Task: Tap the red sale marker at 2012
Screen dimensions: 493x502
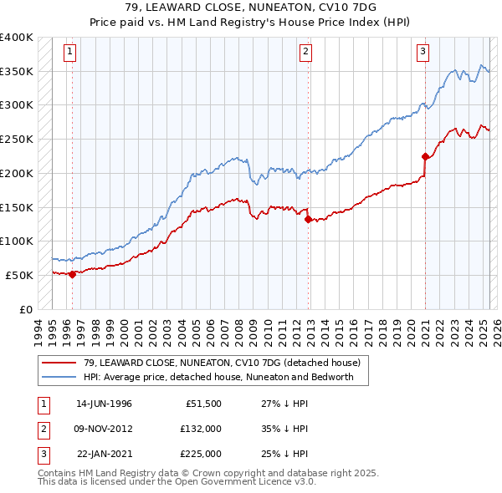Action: [x=309, y=220]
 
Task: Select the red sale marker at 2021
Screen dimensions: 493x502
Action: [x=425, y=156]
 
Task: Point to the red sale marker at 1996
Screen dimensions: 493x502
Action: [x=72, y=274]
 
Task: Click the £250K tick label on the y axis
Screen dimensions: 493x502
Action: [x=17, y=139]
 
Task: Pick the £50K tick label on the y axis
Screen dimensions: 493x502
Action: [x=20, y=275]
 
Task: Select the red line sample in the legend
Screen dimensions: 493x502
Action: [x=59, y=363]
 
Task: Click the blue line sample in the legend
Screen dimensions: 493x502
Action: [x=59, y=377]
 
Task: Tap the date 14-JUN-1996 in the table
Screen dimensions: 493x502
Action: [x=104, y=403]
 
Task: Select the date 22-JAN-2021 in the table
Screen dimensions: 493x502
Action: [x=104, y=454]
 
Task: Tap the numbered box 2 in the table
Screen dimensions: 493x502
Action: [x=42, y=429]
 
